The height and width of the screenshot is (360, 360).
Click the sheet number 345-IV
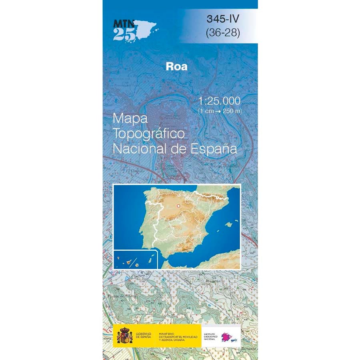click(x=224, y=18)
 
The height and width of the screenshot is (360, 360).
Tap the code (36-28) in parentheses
click(x=223, y=33)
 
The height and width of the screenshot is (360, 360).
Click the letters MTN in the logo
click(x=123, y=23)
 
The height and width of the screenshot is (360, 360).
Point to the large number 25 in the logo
click(x=124, y=34)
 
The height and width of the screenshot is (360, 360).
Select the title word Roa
click(x=176, y=66)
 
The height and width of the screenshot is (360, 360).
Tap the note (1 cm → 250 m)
click(x=220, y=111)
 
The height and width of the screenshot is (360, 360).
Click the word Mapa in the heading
click(x=130, y=118)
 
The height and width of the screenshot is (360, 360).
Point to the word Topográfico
click(x=149, y=133)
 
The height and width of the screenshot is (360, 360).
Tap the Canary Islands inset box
click(x=135, y=259)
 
